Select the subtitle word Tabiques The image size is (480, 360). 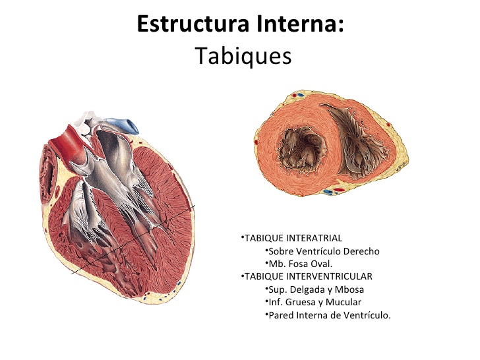pyautogui.click(x=243, y=56)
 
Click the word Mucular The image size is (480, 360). pyautogui.click(x=344, y=302)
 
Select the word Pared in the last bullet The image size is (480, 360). pyautogui.click(x=281, y=315)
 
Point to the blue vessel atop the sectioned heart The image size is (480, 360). pyautogui.click(x=125, y=123)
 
